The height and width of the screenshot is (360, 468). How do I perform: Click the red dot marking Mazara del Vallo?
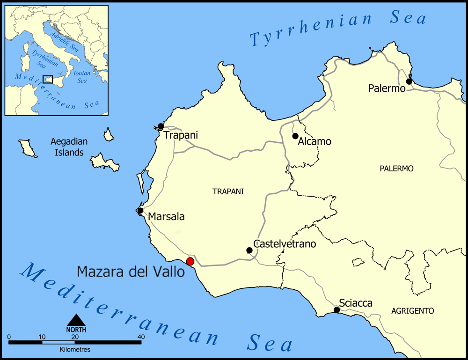click(x=190, y=261)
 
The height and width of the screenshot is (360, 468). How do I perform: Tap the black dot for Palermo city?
click(x=409, y=81)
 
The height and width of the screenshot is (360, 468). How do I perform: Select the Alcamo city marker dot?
click(x=295, y=136)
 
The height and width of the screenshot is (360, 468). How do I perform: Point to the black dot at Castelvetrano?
click(x=249, y=250)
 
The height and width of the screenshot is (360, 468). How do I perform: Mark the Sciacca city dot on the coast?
click(x=336, y=310)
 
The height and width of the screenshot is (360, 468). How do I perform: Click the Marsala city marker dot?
click(x=140, y=211)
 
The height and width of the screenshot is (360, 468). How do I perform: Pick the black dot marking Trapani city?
click(x=161, y=126)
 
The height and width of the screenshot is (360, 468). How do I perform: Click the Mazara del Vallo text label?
click(x=131, y=272)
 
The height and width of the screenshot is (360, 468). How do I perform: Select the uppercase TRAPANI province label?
click(x=228, y=191)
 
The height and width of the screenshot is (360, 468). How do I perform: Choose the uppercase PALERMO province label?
click(x=396, y=169)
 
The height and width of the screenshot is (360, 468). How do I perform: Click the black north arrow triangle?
click(x=76, y=320)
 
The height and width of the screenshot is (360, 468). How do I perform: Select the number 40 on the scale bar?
click(x=141, y=337)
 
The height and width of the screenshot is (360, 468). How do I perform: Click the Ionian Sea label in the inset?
click(x=82, y=77)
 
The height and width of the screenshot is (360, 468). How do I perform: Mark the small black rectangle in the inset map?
click(x=47, y=79)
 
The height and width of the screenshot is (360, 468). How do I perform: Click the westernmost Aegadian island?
click(x=28, y=148)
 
